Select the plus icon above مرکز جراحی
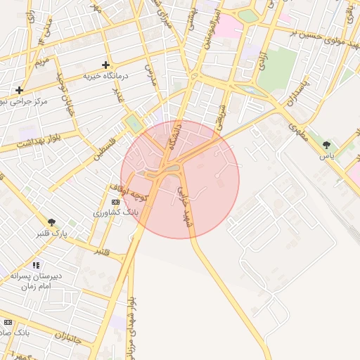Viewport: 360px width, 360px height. click(19, 90)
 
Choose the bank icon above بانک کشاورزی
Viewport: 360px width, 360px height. click(116, 202)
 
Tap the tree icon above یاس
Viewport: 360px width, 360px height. click(327, 145)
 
